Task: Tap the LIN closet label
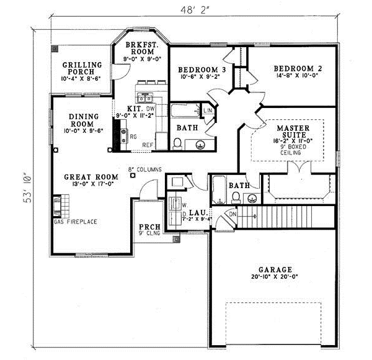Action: (207, 110)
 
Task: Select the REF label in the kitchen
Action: (147, 145)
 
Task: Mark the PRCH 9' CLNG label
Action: (148, 230)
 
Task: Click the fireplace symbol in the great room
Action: (58, 205)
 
